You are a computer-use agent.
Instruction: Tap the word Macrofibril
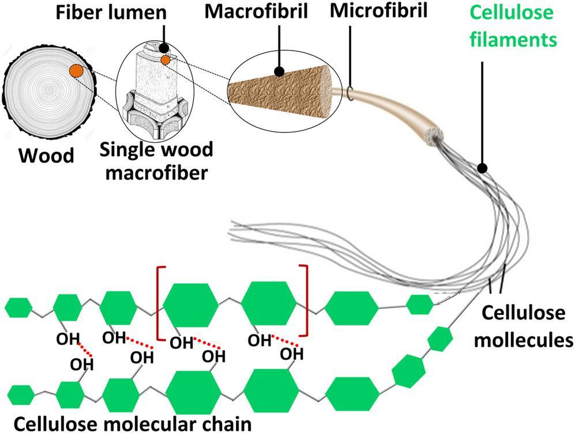(280, 10)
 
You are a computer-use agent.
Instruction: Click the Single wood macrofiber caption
(156, 161)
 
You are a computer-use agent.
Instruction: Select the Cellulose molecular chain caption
(133, 424)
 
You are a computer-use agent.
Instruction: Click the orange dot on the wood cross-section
(76, 71)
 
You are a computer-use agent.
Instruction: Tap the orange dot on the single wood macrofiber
(166, 60)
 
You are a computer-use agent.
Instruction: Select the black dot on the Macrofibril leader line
(280, 72)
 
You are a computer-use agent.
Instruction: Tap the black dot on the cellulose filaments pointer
(483, 168)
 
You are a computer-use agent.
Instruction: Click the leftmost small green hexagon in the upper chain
(19, 307)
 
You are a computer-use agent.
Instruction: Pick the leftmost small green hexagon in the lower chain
(20, 395)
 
